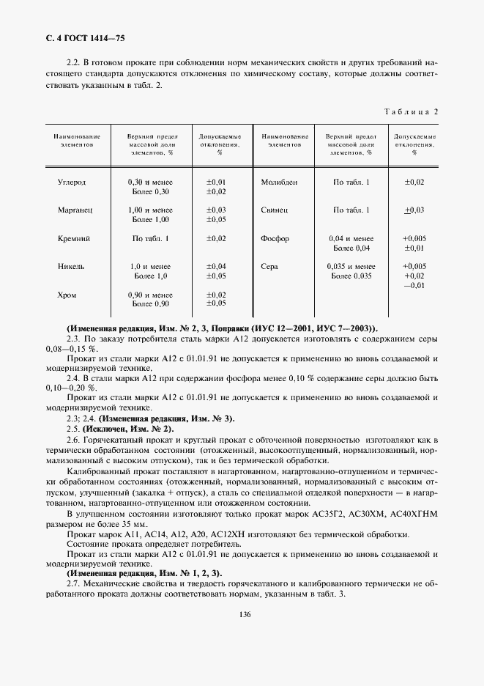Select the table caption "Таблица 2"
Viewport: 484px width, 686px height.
411,111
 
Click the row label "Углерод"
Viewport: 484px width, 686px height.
72,182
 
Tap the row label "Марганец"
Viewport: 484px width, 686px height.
75,210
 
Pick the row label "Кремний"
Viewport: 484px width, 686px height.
74,238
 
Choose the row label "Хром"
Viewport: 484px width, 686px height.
67,295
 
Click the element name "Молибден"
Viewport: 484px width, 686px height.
279,182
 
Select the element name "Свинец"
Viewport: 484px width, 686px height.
275,210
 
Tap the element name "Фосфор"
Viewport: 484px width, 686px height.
275,238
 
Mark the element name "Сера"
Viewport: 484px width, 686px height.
269,267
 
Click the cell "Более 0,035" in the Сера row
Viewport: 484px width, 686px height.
352,276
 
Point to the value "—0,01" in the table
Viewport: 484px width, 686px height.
414,285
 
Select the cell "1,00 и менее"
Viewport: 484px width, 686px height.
150,210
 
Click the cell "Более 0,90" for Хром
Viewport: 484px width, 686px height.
150,303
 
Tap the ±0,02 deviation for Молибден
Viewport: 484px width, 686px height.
414,182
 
